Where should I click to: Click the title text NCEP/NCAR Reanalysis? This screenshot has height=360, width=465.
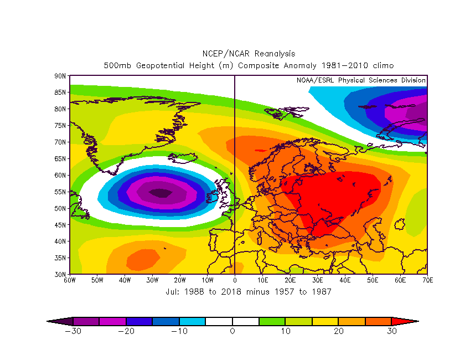249,54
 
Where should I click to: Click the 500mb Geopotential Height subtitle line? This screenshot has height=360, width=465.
249,65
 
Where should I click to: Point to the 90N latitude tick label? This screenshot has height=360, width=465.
60,75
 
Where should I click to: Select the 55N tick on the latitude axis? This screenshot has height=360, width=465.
60,192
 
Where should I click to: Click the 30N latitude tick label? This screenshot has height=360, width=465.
60,274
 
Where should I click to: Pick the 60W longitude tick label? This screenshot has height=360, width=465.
70,280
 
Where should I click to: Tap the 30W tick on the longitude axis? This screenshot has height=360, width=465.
152,280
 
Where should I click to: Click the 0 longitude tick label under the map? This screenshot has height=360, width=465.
235,280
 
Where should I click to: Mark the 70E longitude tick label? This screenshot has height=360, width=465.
427,280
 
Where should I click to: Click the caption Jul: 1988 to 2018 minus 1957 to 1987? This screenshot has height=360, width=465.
249,291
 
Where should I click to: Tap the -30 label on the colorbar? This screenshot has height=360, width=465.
72,331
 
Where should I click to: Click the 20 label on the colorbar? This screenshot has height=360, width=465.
339,331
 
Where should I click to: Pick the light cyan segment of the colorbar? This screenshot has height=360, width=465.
192,321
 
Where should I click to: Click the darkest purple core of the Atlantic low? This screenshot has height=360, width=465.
161,193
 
